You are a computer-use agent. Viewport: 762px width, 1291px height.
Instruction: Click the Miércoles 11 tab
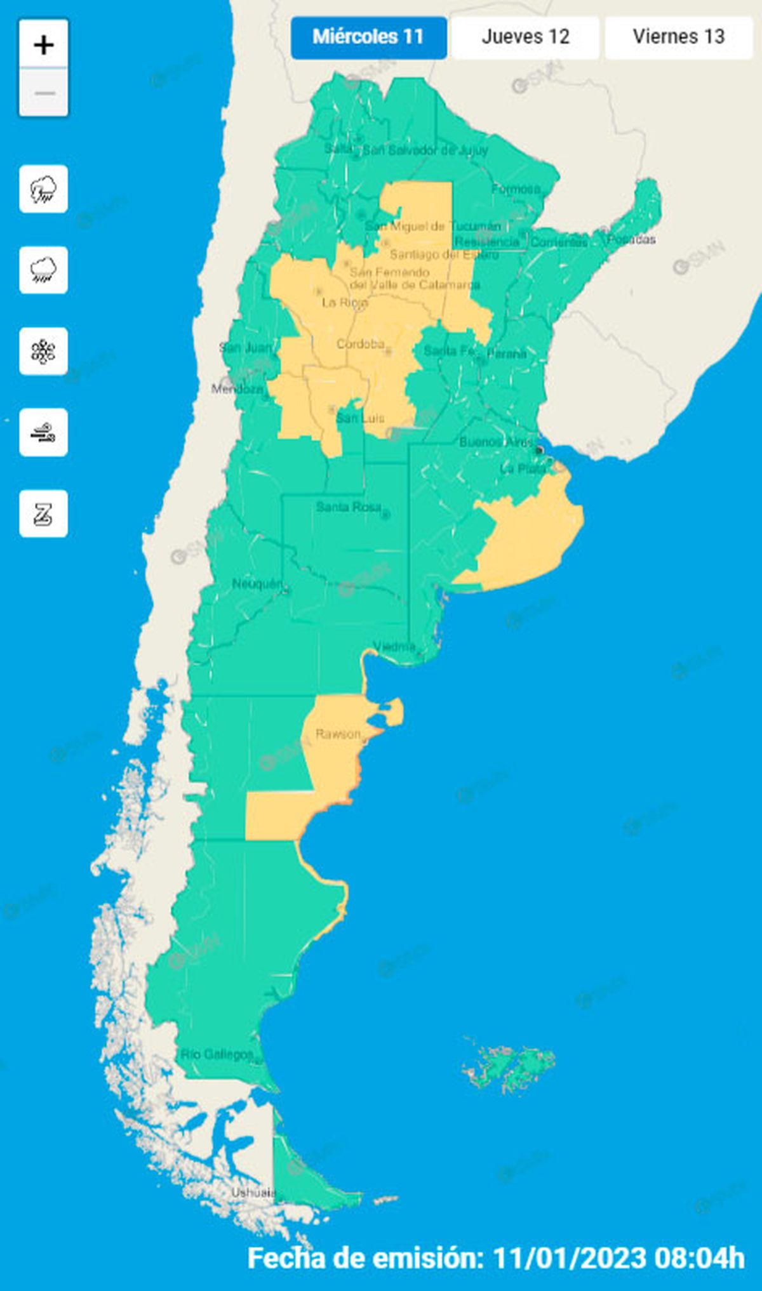368,37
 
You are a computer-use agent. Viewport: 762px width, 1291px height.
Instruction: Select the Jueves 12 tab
525,37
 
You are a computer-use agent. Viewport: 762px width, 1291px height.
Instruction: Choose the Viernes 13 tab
678,37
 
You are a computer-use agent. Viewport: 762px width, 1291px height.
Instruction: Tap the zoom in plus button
44,44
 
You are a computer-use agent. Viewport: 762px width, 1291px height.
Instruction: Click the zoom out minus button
44,93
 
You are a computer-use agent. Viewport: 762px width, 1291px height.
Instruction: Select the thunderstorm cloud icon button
44,189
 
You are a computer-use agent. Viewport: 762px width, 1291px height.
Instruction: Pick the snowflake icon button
44,352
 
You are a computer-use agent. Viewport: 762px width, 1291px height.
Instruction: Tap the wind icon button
44,433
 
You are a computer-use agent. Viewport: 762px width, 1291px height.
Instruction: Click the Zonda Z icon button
44,514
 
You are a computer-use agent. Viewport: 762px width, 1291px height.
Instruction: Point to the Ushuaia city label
253,1193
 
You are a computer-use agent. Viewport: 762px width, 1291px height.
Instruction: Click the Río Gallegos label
217,1055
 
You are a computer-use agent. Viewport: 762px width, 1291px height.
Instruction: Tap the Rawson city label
338,734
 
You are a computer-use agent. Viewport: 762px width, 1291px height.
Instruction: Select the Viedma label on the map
394,647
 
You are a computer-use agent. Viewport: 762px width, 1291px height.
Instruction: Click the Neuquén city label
257,584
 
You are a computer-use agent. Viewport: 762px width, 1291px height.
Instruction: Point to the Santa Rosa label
349,507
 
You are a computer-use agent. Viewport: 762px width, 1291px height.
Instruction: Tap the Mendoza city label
237,389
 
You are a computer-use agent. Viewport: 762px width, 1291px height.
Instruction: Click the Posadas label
631,239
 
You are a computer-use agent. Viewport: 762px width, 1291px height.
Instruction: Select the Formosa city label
516,189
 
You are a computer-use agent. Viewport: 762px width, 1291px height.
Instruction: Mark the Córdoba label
360,344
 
